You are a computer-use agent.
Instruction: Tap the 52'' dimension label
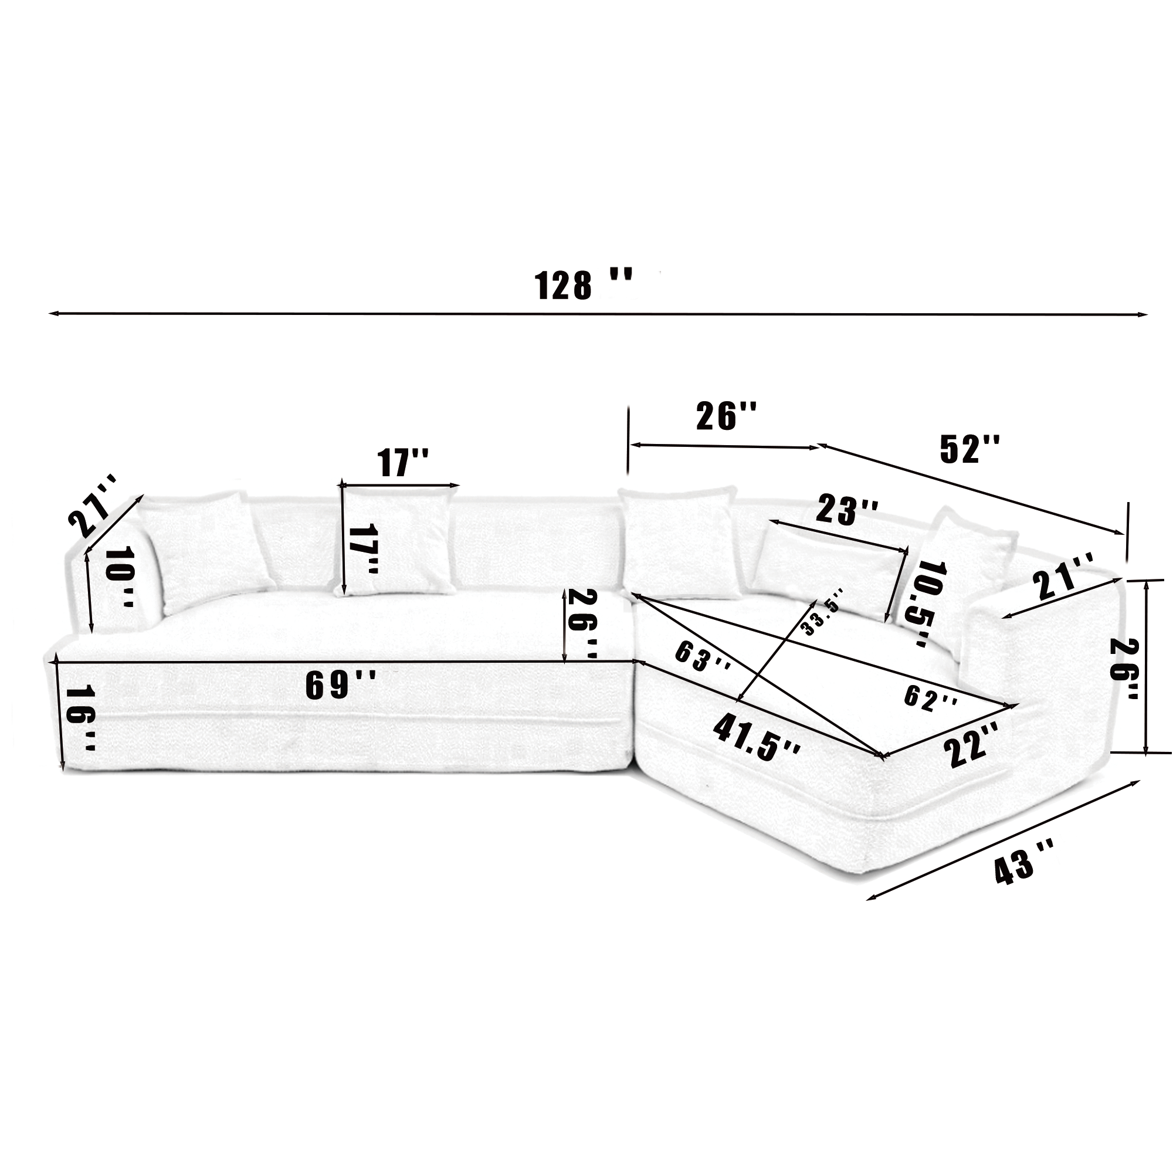968,450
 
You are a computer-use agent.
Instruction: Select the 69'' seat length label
340,684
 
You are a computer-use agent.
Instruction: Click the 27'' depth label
94,506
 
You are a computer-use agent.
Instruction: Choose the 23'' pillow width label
846,510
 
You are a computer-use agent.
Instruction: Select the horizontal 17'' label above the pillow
402,463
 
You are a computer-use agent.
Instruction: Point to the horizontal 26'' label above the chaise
726,416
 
